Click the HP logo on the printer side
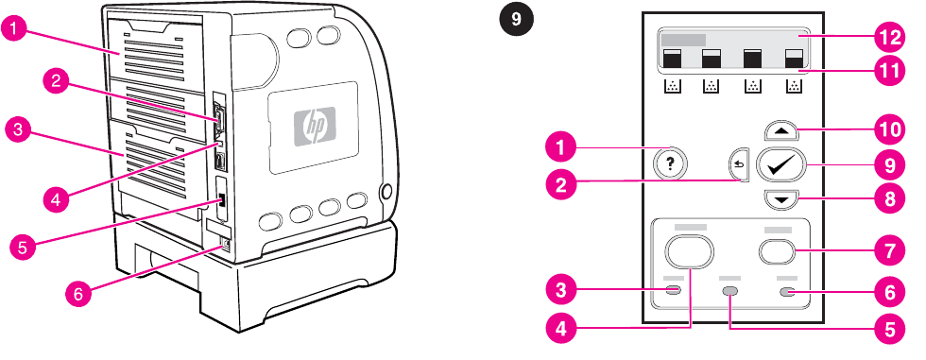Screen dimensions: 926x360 (315, 125)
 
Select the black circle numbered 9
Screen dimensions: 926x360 (517, 20)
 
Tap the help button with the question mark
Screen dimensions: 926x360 (670, 163)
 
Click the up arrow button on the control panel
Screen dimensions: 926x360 (781, 131)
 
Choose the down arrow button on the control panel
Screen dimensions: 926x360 (781, 199)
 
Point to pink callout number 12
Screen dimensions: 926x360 (890, 37)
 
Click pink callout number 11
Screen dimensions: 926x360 (890, 71)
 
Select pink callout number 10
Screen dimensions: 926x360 (890, 130)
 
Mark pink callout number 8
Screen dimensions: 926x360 (890, 199)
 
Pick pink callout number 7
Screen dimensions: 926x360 (890, 251)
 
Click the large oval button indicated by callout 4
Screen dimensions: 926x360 (689, 251)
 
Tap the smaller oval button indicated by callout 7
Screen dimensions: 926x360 (778, 252)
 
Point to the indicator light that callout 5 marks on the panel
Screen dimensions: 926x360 (730, 291)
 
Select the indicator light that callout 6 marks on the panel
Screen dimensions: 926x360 (787, 292)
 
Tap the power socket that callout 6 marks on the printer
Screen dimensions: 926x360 (225, 243)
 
